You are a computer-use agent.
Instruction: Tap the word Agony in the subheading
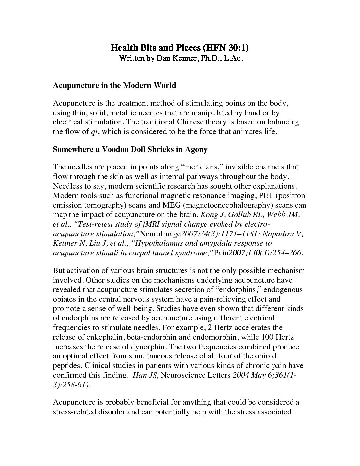pyautogui.click(x=196, y=149)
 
